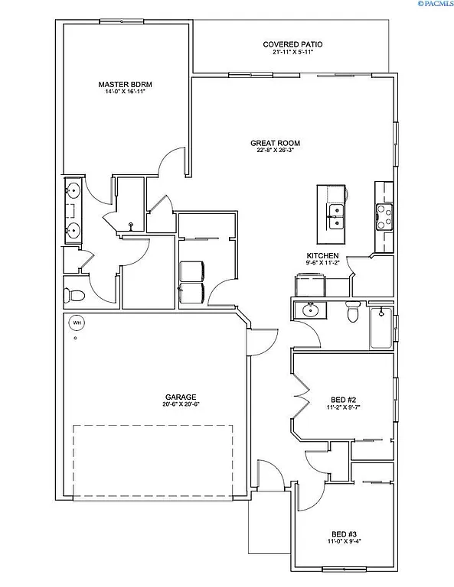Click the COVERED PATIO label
pyautogui.click(x=288, y=44)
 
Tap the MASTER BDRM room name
pyautogui.click(x=126, y=84)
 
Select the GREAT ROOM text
pyautogui.click(x=276, y=143)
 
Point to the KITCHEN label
pyautogui.click(x=322, y=255)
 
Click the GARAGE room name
pyautogui.click(x=181, y=397)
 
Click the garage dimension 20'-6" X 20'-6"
pyautogui.click(x=181, y=404)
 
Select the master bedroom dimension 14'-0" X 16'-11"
pyautogui.click(x=126, y=92)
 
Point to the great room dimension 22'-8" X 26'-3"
pyautogui.click(x=276, y=151)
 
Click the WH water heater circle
pyautogui.click(x=76, y=323)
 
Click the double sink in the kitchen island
pyautogui.click(x=335, y=216)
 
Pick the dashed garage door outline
pyautogui.click(x=153, y=460)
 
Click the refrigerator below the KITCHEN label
pyautogui.click(x=310, y=284)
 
